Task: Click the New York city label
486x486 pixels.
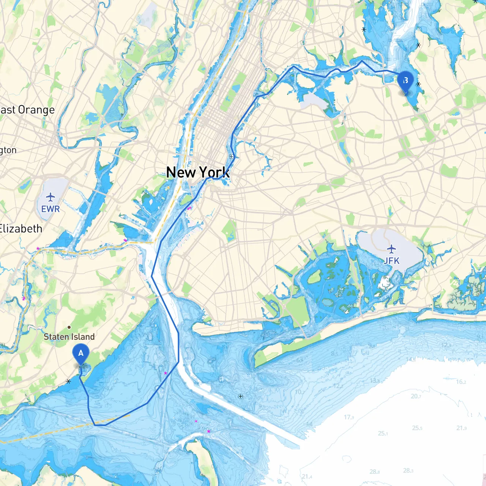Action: (x=198, y=172)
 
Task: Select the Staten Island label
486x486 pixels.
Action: (x=69, y=337)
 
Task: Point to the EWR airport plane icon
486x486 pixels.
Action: (x=50, y=197)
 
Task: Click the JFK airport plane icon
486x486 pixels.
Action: (x=391, y=249)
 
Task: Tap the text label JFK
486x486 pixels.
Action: (x=391, y=261)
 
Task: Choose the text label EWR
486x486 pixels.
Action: (x=50, y=209)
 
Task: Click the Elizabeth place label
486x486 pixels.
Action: (x=21, y=229)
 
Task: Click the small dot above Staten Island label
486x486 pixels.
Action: (x=69, y=327)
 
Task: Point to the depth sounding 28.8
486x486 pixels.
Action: (x=374, y=472)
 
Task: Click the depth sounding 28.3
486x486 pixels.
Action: (x=408, y=470)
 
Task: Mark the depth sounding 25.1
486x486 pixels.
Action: (x=383, y=433)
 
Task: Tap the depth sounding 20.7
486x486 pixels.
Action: (x=416, y=396)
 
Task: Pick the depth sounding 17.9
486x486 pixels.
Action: (x=349, y=417)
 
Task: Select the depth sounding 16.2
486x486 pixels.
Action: (x=461, y=382)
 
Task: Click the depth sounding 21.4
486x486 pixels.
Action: (x=307, y=477)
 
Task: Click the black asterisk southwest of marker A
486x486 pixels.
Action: (x=68, y=381)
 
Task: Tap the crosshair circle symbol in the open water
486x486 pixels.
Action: (x=240, y=396)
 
